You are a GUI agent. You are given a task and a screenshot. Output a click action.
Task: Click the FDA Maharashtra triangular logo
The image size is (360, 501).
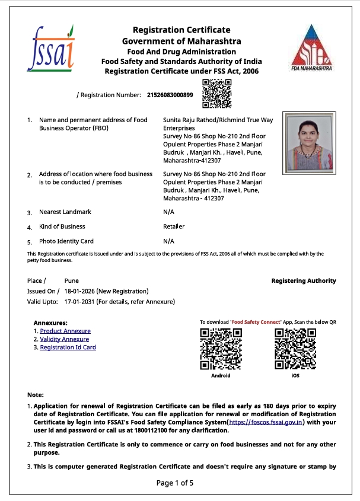311,48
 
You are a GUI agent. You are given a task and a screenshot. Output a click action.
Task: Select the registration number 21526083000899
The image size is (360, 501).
169,95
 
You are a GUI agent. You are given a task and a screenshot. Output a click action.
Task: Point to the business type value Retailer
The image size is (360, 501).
174,226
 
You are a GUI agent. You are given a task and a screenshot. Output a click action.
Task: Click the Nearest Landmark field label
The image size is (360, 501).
65,212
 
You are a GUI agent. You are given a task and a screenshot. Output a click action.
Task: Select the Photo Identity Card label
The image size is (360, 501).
66,241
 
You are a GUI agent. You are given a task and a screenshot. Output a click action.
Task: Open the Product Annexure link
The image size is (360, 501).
65,331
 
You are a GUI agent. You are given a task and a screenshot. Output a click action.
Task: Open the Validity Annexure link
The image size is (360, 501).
65,339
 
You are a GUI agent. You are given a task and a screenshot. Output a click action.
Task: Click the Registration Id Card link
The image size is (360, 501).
68,347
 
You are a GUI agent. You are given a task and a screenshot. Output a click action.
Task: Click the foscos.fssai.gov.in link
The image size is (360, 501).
266,422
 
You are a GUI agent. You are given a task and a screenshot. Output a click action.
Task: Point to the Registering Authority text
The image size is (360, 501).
303,280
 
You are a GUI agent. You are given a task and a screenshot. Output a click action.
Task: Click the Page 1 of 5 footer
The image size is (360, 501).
175,483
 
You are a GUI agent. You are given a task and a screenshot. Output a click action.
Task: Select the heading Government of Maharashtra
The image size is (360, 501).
181,41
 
